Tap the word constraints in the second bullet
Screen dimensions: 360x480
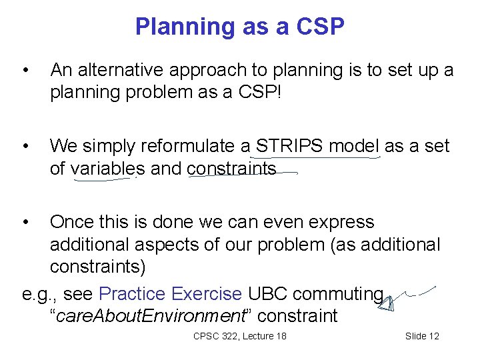point(231,169)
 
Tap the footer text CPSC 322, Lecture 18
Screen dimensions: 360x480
point(239,336)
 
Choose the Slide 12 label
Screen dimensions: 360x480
point(422,336)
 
